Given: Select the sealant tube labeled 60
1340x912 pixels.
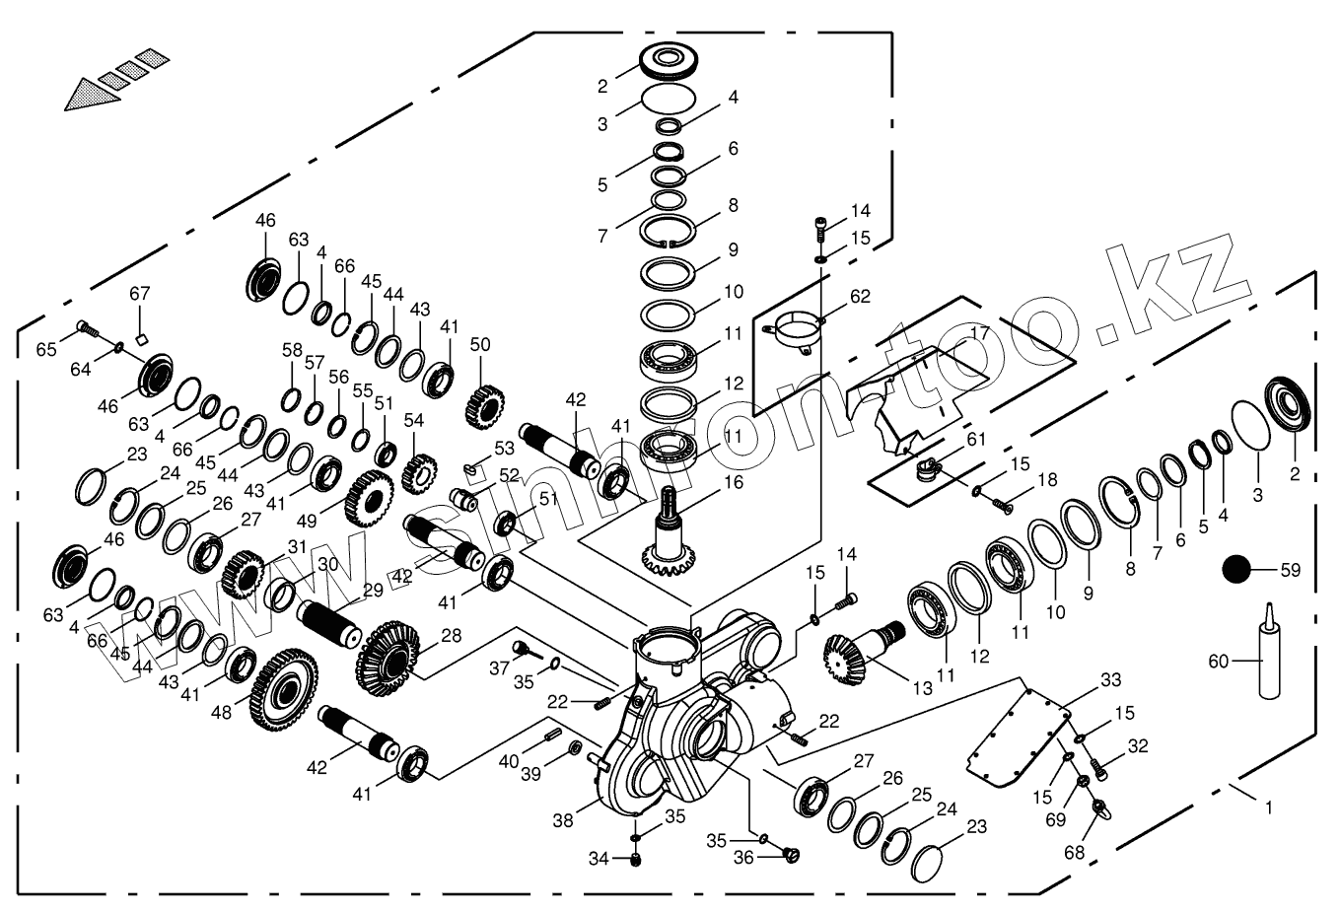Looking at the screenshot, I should (x=1269, y=656).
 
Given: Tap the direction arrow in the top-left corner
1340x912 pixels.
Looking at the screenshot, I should (x=109, y=78).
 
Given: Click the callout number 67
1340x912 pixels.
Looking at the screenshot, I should (x=139, y=294).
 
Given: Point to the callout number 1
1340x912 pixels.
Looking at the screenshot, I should (x=1269, y=807).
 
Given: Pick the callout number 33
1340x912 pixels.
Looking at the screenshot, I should (x=1111, y=679).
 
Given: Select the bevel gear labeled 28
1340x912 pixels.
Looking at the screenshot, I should (x=388, y=654).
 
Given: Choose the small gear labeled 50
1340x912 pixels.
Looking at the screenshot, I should (x=484, y=400).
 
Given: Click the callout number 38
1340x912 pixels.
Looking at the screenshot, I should (x=564, y=819).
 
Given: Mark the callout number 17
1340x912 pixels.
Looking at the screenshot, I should (x=979, y=333).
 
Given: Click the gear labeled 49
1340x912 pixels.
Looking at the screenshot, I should (x=370, y=498).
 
